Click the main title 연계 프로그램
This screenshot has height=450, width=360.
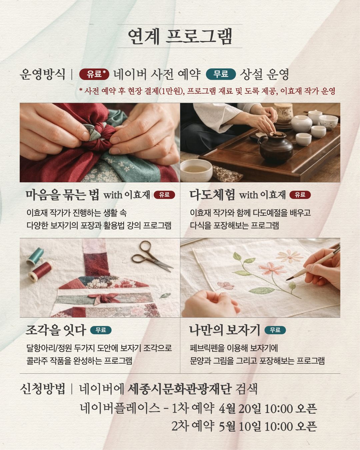180,36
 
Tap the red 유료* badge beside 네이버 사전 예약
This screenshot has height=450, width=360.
94,74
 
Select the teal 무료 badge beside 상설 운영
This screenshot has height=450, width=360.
221,74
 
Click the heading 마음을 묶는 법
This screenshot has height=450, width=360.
62,195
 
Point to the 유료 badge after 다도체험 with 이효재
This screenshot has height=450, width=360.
300,195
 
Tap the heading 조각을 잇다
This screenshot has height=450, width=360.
56,330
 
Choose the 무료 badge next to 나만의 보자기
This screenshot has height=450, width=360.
275,330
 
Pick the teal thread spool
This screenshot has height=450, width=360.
35,256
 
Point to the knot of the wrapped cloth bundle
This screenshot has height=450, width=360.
100,133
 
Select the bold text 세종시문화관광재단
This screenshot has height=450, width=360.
180,389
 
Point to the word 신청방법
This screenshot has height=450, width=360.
42,389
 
